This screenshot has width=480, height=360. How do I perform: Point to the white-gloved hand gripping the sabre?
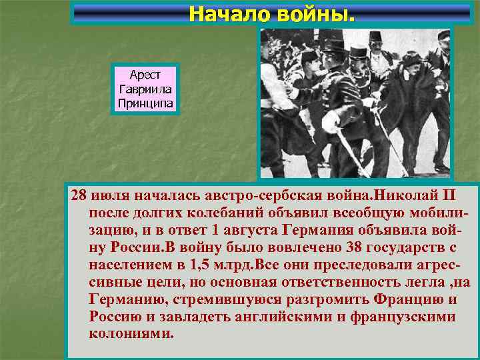tap(331, 120)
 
